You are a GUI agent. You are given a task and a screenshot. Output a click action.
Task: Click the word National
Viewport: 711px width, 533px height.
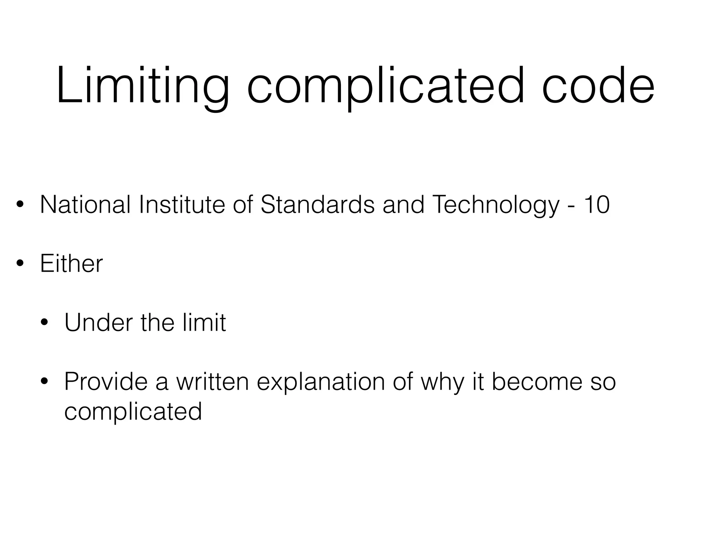click(x=85, y=204)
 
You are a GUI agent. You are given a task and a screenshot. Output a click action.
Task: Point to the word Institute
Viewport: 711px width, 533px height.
click(x=182, y=204)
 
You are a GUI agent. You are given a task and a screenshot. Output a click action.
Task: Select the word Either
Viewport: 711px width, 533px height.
click(x=72, y=263)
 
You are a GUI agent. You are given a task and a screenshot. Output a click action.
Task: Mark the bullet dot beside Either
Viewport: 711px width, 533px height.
click(x=20, y=264)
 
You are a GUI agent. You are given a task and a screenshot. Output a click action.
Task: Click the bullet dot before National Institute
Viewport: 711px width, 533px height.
click(x=20, y=205)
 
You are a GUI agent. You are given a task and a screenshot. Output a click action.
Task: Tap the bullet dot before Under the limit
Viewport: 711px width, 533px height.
click(x=44, y=323)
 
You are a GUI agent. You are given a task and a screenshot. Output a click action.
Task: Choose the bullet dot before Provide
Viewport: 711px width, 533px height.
click(x=44, y=382)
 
